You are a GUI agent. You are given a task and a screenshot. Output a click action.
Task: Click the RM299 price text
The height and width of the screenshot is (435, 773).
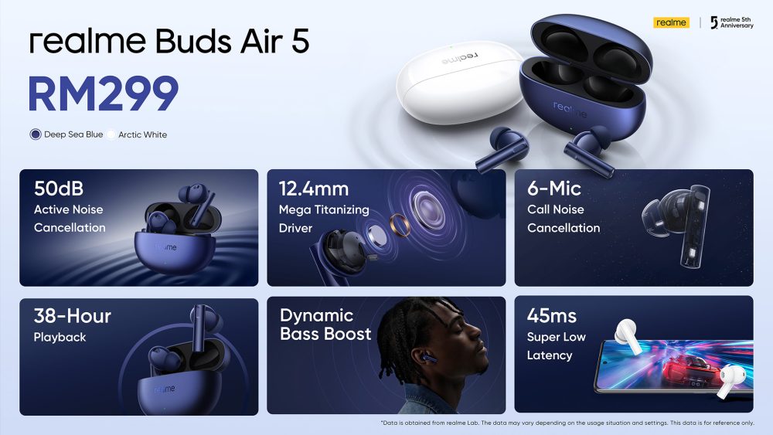103,93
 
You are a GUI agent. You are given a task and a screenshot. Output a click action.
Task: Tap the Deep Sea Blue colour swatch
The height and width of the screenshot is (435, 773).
36,134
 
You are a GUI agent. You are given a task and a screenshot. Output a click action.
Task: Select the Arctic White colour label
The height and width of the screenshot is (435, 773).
142,134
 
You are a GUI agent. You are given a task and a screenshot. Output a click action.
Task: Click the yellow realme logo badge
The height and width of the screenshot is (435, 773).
671,22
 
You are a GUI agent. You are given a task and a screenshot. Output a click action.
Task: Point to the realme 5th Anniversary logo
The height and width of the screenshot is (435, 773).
731,22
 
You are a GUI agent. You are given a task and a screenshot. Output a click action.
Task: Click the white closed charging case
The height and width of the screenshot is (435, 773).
460,82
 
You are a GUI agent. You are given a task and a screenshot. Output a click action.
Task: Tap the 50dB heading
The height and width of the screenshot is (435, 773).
59,189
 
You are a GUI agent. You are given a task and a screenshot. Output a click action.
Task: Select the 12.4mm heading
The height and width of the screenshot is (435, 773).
314,189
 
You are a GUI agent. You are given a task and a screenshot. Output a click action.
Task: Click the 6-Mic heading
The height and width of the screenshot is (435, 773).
554,189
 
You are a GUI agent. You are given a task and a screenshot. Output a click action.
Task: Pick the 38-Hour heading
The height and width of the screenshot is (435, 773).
73,316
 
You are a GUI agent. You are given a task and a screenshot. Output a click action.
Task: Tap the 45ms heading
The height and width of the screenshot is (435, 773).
552,316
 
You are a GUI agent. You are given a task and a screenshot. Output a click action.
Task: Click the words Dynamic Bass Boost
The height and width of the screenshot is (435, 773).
325,325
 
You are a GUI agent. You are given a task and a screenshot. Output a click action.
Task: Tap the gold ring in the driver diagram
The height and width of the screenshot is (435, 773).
399,226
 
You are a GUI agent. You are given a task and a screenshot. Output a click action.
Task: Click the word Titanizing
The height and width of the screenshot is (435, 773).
341,210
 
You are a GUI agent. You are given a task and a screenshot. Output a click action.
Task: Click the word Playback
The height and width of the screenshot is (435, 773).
60,338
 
